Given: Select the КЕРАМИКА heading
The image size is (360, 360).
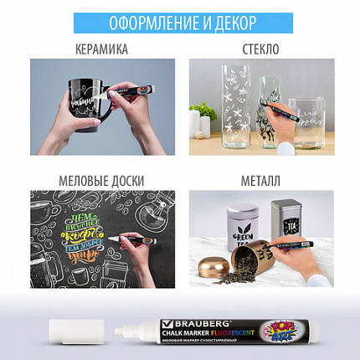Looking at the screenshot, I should tap(100, 49).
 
